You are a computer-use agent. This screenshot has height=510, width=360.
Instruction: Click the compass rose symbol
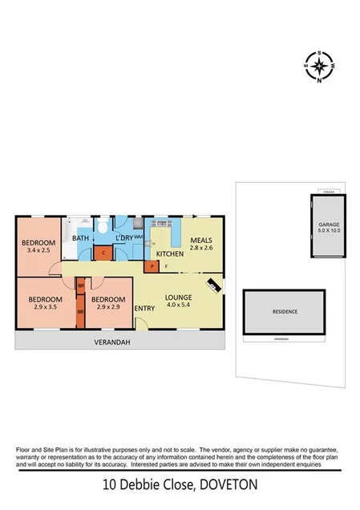tap(320, 67)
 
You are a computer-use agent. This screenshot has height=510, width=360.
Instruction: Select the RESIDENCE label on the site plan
tap(285, 312)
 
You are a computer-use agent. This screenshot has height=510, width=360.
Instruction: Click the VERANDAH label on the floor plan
tap(114, 342)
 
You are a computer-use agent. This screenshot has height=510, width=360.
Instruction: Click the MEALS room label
tap(201, 240)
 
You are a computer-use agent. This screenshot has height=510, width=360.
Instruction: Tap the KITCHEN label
tap(169, 253)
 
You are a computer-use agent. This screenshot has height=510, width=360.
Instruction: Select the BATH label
tap(81, 238)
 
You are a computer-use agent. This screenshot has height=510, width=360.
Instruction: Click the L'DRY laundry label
tap(123, 238)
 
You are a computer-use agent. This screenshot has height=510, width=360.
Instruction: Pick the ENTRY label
tap(145, 310)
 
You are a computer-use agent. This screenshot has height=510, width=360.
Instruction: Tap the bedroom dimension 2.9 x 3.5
tap(37, 307)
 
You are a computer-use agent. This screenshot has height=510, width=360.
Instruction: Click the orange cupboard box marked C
tap(102, 253)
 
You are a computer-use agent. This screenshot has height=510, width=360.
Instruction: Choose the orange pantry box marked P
tap(150, 266)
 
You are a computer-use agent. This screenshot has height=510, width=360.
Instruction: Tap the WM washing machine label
tap(138, 237)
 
